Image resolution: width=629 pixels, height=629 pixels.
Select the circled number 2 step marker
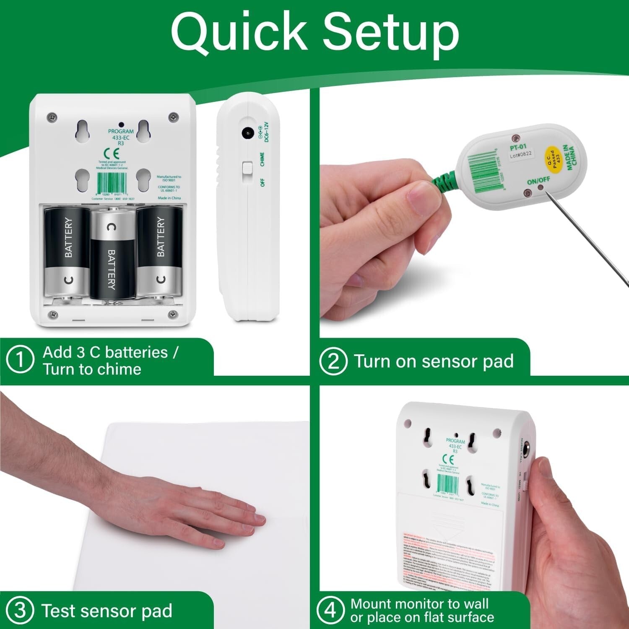tap(333, 361)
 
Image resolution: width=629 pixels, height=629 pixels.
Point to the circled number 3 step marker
tap(20, 611)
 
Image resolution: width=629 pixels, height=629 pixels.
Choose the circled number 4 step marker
tap(331, 610)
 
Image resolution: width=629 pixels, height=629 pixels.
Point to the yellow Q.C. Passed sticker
tap(554, 159)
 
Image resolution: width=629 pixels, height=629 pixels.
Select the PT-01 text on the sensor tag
tap(518, 147)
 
